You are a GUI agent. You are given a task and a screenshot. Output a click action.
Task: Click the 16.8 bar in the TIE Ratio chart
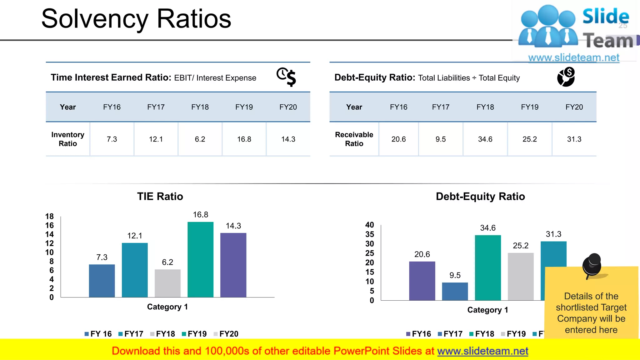200,259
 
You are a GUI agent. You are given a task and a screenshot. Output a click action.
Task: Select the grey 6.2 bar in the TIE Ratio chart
167,283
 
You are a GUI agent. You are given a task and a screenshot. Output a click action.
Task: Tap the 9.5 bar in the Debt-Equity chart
455,291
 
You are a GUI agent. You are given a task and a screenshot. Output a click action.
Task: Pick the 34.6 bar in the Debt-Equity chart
487,267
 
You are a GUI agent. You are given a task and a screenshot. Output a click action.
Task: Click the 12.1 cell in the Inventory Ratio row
156,139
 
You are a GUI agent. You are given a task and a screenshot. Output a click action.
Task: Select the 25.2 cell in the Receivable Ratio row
529,139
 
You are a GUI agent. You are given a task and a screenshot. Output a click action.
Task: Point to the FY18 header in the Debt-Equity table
485,107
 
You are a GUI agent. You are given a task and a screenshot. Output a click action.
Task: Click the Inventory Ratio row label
68,139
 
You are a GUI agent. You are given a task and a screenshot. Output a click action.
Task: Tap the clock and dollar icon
286,77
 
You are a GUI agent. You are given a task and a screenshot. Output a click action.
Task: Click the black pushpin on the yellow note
592,265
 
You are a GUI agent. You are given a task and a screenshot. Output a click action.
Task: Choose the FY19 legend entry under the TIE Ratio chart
194,334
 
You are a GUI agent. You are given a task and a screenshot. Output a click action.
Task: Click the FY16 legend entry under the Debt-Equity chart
418,334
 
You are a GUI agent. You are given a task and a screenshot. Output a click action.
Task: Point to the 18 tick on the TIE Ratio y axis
49,216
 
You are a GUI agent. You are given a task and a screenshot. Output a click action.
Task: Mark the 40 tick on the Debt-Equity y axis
369,225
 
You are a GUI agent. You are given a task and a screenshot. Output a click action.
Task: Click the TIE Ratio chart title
160,196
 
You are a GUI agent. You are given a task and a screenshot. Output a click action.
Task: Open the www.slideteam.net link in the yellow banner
482,351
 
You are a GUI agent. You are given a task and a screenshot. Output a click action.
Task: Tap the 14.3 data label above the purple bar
233,226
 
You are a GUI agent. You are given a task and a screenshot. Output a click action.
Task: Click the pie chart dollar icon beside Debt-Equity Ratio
566,77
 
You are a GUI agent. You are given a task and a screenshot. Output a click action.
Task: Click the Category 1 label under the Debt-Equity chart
487,310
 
